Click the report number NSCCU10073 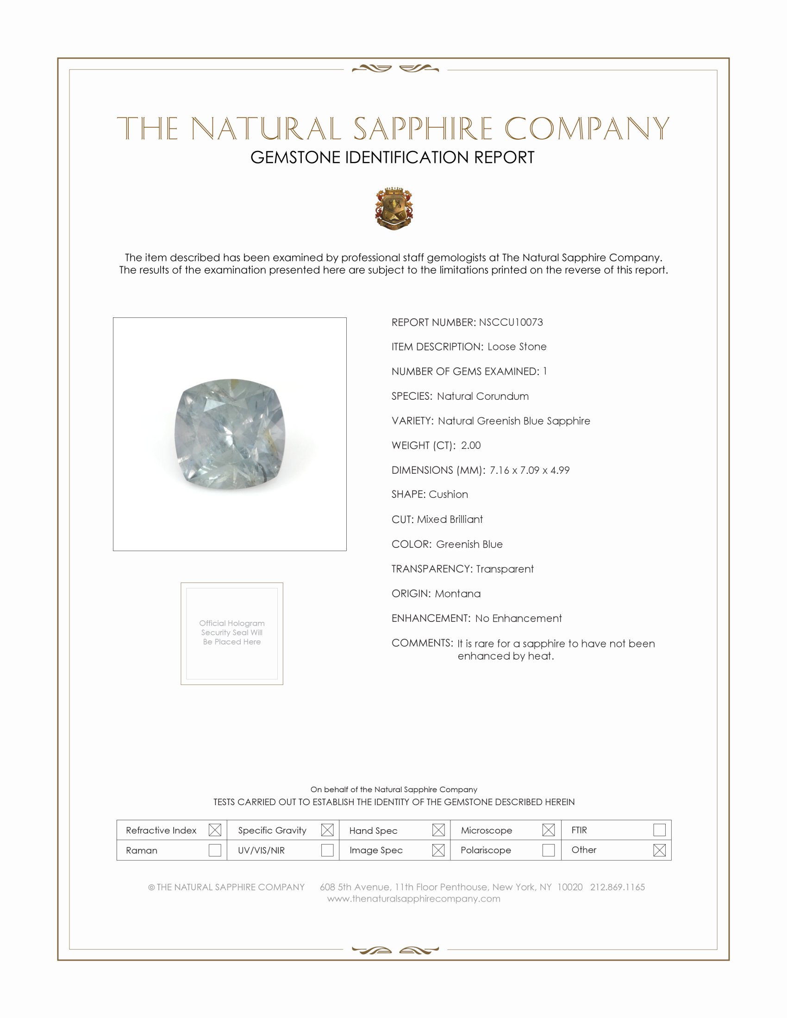[x=511, y=322]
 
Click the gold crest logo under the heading [x=394, y=208]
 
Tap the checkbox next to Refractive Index [x=214, y=830]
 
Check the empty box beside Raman [x=214, y=850]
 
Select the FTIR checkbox [x=659, y=830]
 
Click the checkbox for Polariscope [x=548, y=850]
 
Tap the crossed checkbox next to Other [x=659, y=850]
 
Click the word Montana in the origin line [x=457, y=593]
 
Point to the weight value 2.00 [x=470, y=445]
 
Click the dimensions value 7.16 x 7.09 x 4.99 [x=529, y=470]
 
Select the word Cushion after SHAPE [x=448, y=494]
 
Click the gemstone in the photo [x=229, y=434]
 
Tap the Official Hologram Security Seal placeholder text [x=232, y=633]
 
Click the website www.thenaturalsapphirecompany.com [x=413, y=899]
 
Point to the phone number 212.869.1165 [x=617, y=887]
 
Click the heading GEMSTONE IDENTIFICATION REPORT [x=392, y=157]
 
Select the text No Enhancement [x=518, y=618]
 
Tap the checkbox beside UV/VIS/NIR [x=327, y=850]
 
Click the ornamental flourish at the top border [x=395, y=68]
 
